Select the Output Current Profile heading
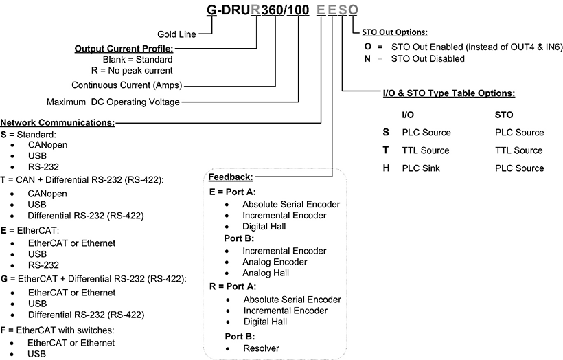click(124, 49)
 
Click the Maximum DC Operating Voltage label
click(113, 102)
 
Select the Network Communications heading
click(58, 121)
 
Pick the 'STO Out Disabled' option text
click(429, 59)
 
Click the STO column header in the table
click(503, 115)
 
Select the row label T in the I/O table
click(386, 150)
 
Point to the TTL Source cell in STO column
click(518, 150)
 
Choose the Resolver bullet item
click(261, 348)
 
